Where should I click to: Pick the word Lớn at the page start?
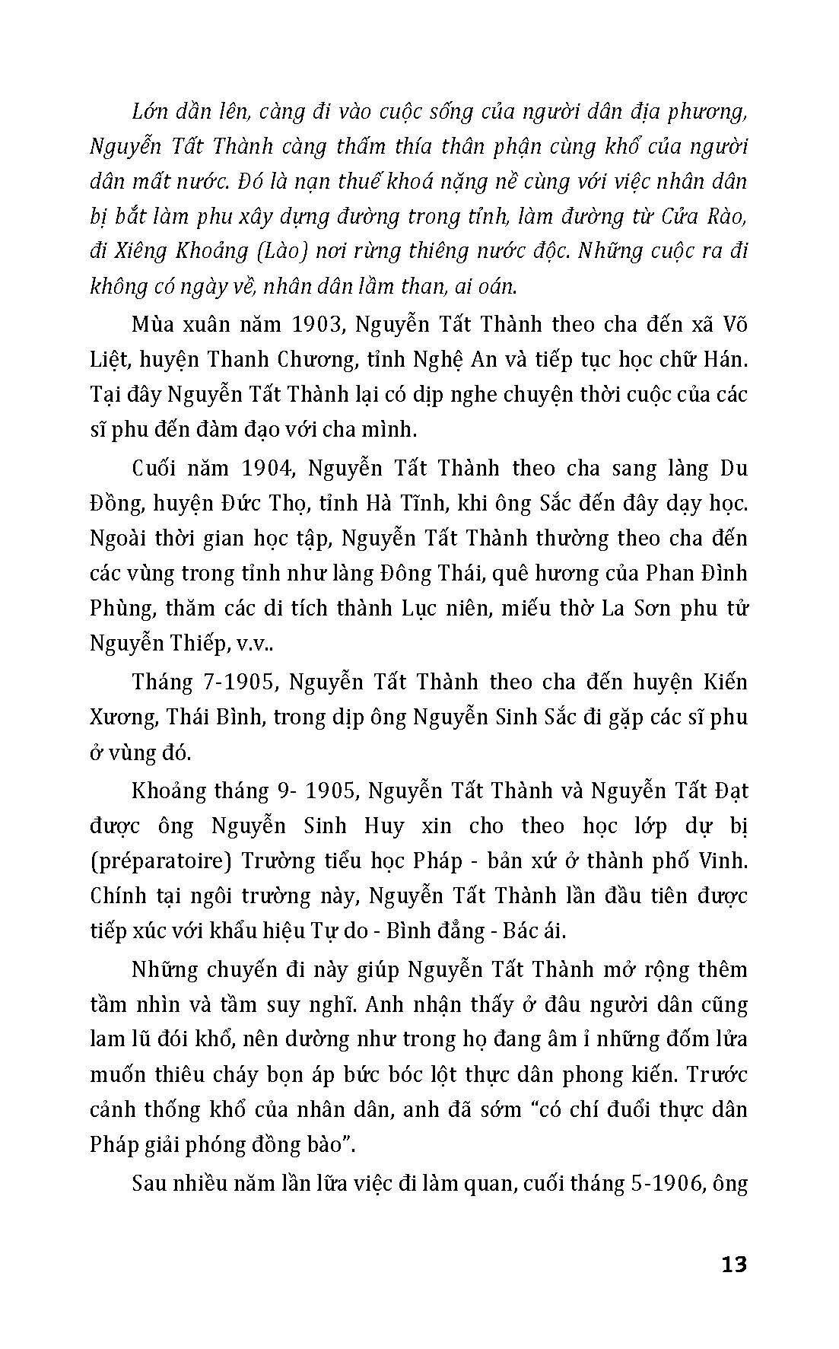click(x=152, y=112)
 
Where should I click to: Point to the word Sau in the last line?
click(x=151, y=1183)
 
